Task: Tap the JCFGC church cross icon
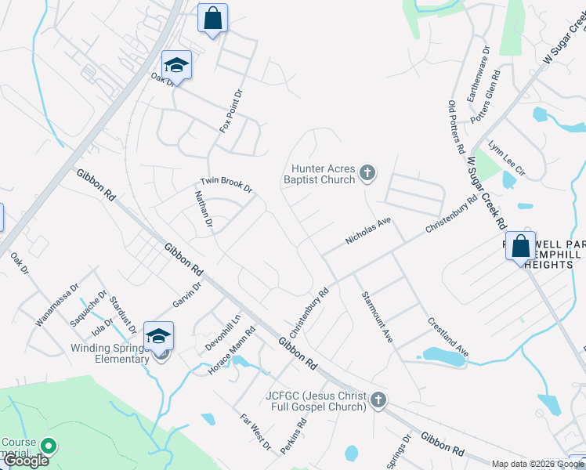tap(378, 400)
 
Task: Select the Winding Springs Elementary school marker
tap(159, 338)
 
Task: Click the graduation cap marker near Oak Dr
tap(177, 66)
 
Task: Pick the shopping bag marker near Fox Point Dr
tap(213, 19)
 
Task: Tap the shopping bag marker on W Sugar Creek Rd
tap(520, 247)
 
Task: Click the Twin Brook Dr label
tap(226, 185)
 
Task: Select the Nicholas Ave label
tap(368, 232)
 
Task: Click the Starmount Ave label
tap(377, 316)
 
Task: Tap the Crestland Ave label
tap(447, 338)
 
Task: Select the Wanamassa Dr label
tap(57, 305)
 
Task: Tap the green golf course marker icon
tap(49, 446)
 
